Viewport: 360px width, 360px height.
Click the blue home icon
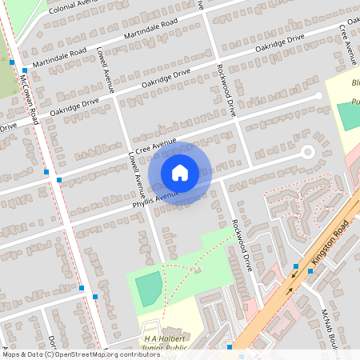pyautogui.click(x=180, y=173)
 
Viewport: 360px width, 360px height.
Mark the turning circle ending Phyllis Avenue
pyautogui.click(x=307, y=152)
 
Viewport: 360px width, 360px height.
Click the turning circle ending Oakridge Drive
pyautogui.click(x=318, y=96)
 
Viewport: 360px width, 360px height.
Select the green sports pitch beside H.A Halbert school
pyautogui.click(x=148, y=286)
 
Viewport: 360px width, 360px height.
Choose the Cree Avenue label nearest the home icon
pyautogui.click(x=155, y=145)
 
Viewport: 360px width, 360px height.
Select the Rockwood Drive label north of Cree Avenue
pyautogui.click(x=225, y=91)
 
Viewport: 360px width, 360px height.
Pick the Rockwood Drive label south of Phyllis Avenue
pyautogui.click(x=241, y=247)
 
